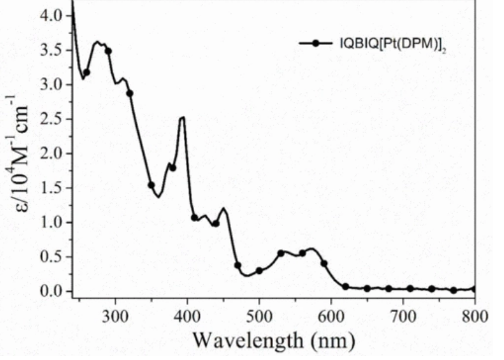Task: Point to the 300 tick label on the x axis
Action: pyautogui.click(x=116, y=315)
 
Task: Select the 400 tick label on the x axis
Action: pyautogui.click(x=188, y=315)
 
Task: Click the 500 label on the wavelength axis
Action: pyautogui.click(x=259, y=315)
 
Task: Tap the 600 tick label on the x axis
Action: pyautogui.click(x=331, y=315)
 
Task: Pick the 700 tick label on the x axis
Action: pyautogui.click(x=403, y=315)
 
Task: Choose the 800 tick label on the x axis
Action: pyautogui.click(x=475, y=315)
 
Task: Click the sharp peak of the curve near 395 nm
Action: pyautogui.click(x=183, y=117)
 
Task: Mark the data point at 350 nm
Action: pyautogui.click(x=151, y=185)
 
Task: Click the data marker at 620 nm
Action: pyautogui.click(x=345, y=287)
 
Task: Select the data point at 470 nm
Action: pyautogui.click(x=238, y=266)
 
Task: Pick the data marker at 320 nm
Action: pyautogui.click(x=130, y=94)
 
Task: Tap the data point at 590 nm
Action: pyautogui.click(x=324, y=263)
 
